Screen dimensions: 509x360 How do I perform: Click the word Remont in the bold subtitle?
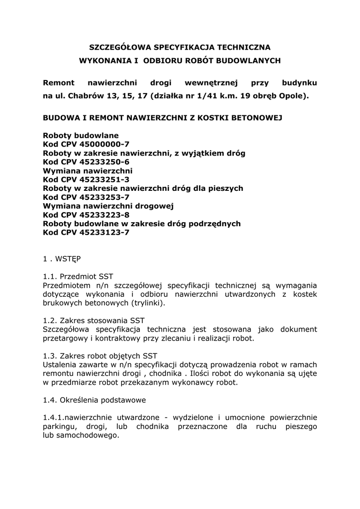(59, 83)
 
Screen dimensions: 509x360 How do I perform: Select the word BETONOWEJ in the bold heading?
(255, 119)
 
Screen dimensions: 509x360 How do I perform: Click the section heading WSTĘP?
(69, 259)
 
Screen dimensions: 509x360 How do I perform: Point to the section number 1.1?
(50, 276)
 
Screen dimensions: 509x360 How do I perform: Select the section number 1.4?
(50, 400)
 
